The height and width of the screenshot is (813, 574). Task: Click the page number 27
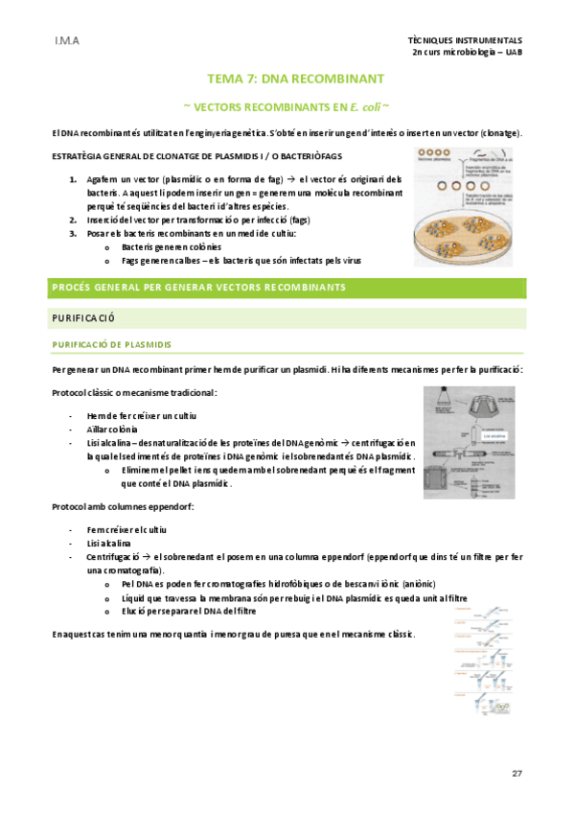517,773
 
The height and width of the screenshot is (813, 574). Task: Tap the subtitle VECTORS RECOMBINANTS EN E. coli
286,104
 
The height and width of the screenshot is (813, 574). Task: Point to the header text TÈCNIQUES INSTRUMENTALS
465,41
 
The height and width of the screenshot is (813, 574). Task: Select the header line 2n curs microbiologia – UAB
467,53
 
